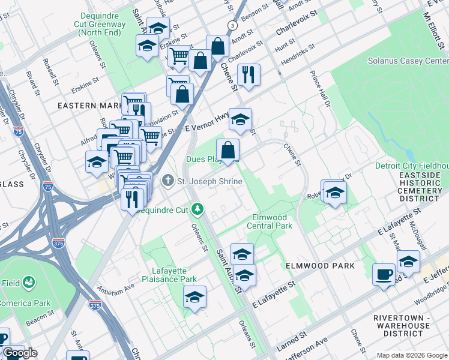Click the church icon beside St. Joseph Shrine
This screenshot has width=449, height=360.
169,180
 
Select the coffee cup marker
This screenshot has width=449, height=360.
384,275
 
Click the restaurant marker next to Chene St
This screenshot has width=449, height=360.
248,75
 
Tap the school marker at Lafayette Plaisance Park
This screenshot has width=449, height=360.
194,297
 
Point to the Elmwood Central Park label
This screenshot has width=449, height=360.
270,221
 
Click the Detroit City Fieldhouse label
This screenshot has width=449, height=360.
411,166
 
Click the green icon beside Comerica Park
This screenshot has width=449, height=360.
28,282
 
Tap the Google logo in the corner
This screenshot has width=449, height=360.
20,353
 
